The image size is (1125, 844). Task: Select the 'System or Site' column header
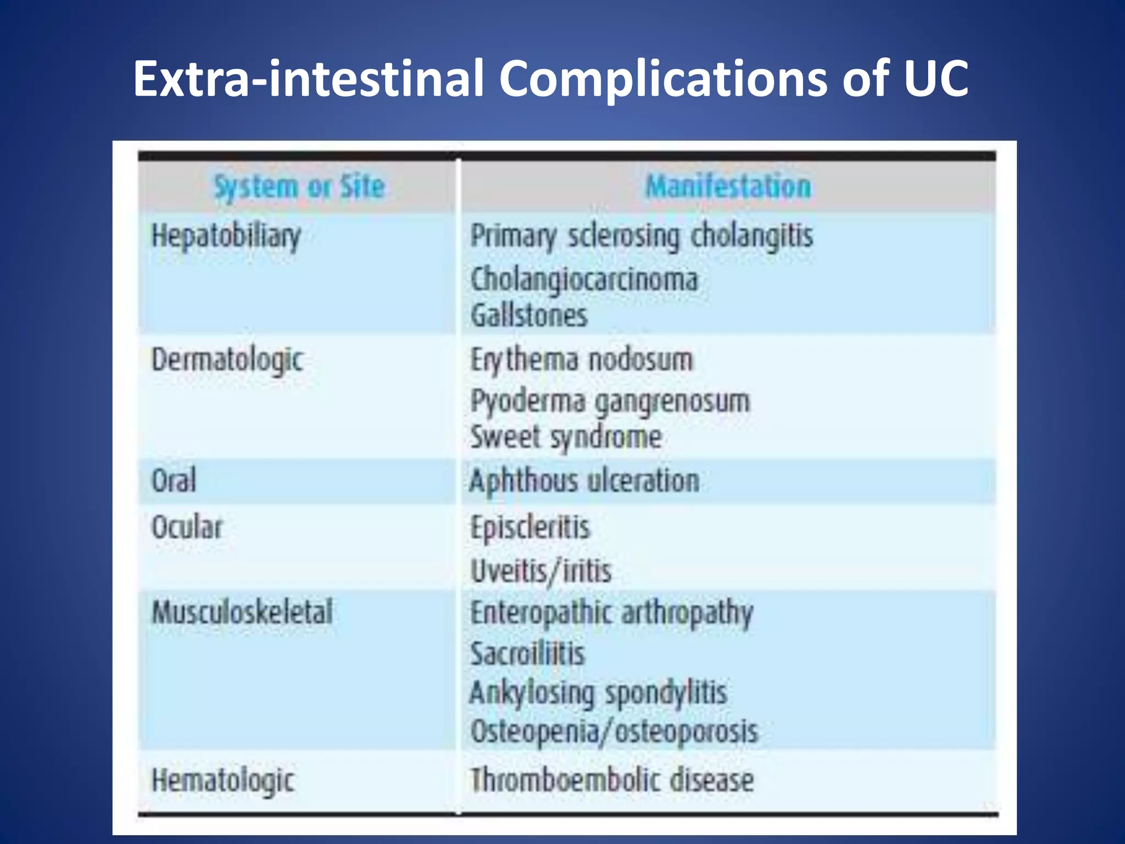pyautogui.click(x=299, y=186)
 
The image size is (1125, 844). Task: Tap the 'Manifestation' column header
pyautogui.click(x=728, y=186)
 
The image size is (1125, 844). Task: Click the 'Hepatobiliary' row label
pyautogui.click(x=226, y=237)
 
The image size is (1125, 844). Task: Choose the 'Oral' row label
pyautogui.click(x=174, y=480)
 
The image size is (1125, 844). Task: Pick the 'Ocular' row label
pyautogui.click(x=187, y=527)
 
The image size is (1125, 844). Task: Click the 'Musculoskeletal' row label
pyautogui.click(x=242, y=612)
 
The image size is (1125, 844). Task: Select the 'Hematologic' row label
pyautogui.click(x=223, y=780)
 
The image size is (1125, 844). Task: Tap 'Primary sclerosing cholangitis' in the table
pyautogui.click(x=642, y=237)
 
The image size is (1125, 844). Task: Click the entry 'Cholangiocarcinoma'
pyautogui.click(x=584, y=279)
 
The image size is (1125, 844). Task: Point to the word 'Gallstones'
pyautogui.click(x=529, y=315)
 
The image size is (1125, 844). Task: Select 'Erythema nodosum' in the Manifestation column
pyautogui.click(x=582, y=360)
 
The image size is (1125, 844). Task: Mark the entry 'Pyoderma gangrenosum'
pyautogui.click(x=610, y=402)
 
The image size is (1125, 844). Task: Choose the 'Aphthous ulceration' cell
pyautogui.click(x=584, y=481)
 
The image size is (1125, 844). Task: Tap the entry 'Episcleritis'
pyautogui.click(x=530, y=527)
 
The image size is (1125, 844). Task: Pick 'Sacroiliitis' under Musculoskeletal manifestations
pyautogui.click(x=528, y=654)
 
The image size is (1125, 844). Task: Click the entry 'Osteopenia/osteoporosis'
pyautogui.click(x=614, y=732)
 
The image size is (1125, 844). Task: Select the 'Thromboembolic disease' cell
pyautogui.click(x=612, y=780)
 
